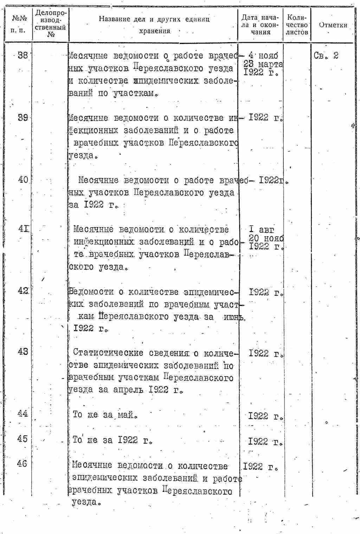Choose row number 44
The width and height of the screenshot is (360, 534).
(22, 413)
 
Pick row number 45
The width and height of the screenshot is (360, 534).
(22, 439)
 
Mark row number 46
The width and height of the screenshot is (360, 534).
(22, 464)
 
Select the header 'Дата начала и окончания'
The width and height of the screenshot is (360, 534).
(260, 25)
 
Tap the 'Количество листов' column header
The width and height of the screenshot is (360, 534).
(297, 25)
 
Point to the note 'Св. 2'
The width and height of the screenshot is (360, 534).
(326, 55)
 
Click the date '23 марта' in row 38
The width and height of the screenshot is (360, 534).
(263, 64)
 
